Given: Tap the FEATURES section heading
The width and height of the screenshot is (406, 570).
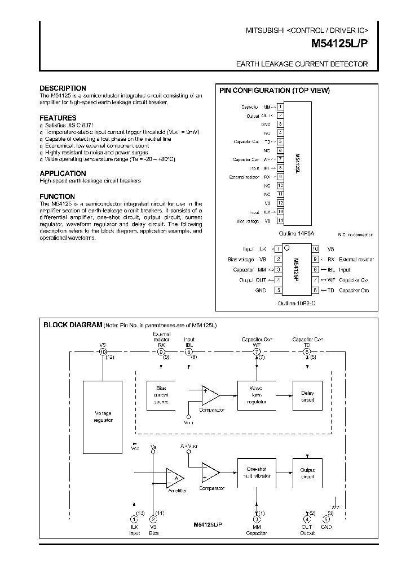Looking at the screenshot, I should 58,118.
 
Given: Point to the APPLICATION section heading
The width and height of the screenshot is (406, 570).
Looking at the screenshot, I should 63,173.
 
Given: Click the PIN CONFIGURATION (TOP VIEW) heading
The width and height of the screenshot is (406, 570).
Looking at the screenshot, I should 274,91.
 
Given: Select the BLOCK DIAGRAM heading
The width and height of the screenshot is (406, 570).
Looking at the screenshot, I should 73,325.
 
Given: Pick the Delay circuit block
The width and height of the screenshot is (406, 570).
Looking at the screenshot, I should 307,395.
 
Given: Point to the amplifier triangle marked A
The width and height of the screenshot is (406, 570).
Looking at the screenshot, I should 175,478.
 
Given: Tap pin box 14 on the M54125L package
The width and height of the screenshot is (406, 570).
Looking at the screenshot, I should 280,221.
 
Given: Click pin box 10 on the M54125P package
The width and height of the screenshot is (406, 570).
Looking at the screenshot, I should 315,248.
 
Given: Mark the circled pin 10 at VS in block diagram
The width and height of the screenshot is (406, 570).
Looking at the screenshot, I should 103,351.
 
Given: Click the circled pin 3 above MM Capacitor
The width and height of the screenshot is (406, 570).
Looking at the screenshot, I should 258,519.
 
